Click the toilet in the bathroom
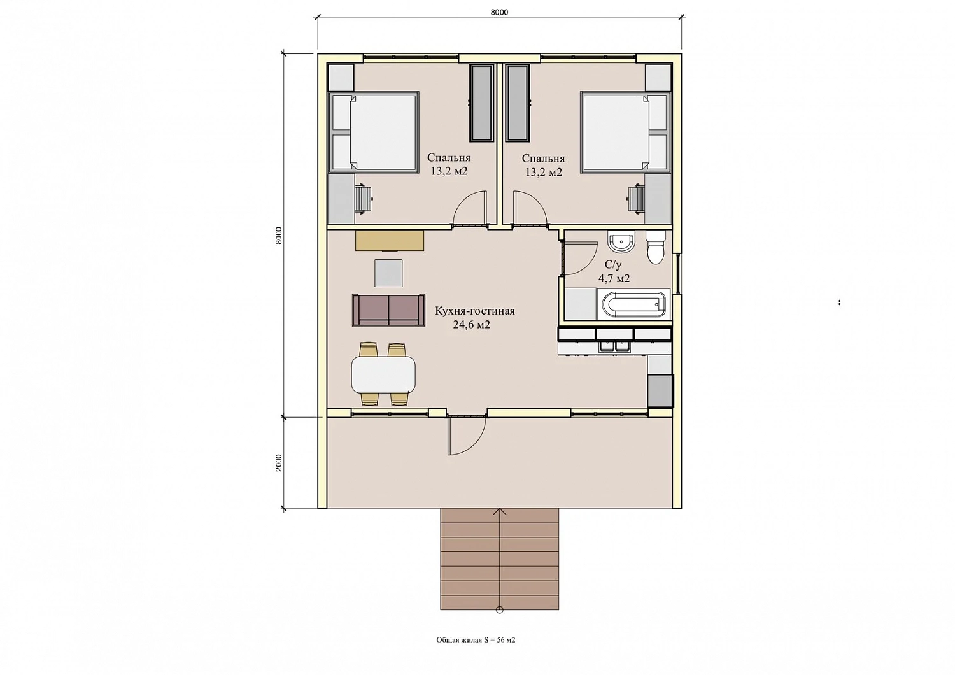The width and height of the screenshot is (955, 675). [x=655, y=248]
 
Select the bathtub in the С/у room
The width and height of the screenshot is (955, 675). [x=633, y=304]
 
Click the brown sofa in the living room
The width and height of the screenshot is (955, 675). [x=388, y=310]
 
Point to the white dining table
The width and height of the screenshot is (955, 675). [x=383, y=375]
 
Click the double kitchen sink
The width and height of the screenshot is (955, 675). [x=615, y=346]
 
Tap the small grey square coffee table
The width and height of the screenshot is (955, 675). [x=388, y=273]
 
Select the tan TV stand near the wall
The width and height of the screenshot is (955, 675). [x=390, y=241]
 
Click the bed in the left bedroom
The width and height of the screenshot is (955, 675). [x=374, y=132]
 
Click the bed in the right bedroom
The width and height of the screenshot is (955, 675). [x=626, y=132]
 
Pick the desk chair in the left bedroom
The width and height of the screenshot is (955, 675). [x=364, y=199]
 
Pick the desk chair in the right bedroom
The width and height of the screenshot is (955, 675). [x=635, y=199]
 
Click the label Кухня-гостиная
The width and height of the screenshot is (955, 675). [x=474, y=311]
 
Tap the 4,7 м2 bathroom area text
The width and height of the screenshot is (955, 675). [x=614, y=278]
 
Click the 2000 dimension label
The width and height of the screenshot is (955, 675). [x=279, y=463]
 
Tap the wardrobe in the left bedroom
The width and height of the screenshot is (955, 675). [x=482, y=103]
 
